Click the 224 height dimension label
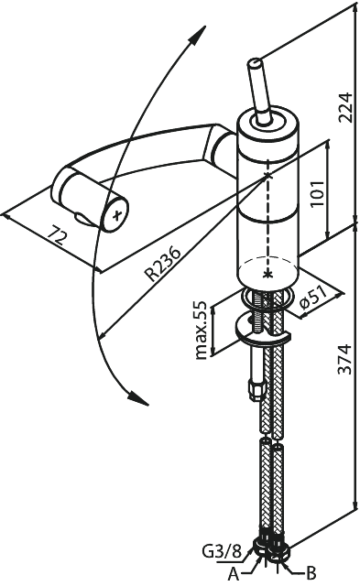pos(344,107)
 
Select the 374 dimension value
pos(344,359)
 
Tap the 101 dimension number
pos(317,194)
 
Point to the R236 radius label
pos(163,264)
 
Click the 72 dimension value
pos(58,234)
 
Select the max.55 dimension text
pos(201,330)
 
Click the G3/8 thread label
pos(222,551)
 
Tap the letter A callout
pos(234,573)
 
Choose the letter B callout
pos(311,572)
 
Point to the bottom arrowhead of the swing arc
pos(137,397)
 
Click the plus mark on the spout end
pos(117,214)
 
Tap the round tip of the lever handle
pos(256,63)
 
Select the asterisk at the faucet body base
pos(267,275)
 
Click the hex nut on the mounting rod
pos(257,388)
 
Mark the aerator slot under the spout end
pos(84,220)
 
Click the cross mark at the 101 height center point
pos(267,175)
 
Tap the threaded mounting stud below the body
pos(258,311)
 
